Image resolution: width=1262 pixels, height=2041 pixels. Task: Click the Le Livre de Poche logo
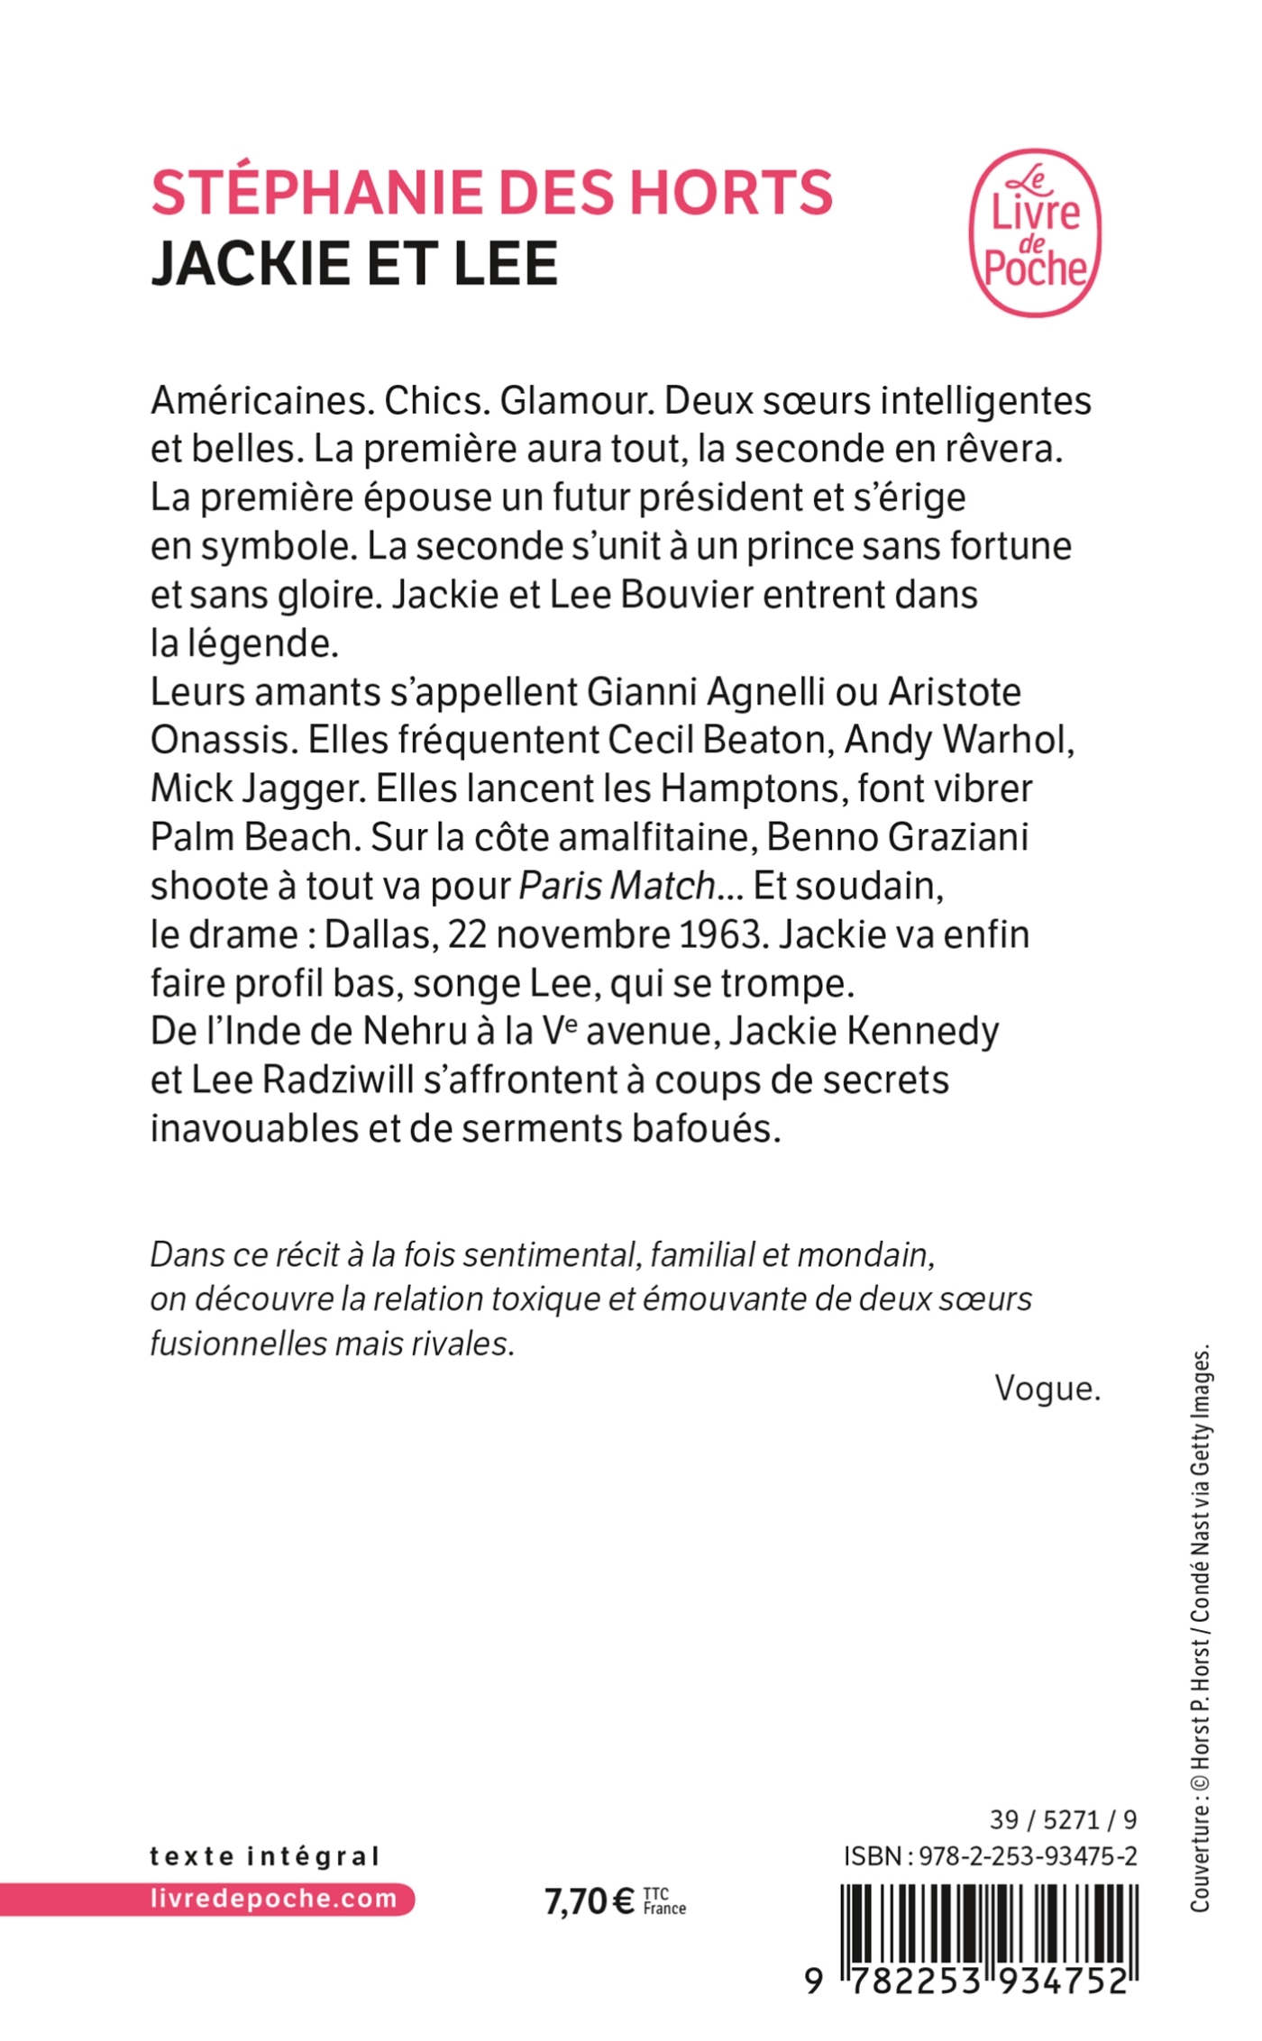tap(1035, 232)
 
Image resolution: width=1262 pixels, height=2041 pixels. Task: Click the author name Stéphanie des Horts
tap(492, 193)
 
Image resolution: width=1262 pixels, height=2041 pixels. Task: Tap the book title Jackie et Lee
tap(354, 263)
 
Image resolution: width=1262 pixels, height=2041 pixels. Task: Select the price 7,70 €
tap(590, 1901)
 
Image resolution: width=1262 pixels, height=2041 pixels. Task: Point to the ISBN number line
tap(990, 1855)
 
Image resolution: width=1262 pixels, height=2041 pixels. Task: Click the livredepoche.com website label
tap(273, 1899)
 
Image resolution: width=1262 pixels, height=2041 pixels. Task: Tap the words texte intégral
tap(265, 1856)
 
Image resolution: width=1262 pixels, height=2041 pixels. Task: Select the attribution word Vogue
tap(1047, 1389)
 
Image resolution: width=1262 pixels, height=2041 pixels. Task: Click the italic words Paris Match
tap(617, 886)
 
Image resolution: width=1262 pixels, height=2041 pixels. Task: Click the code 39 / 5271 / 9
tap(1063, 1819)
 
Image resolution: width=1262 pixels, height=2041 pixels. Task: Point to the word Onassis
tap(224, 740)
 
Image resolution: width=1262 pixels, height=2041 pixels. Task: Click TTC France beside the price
tap(664, 1901)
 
